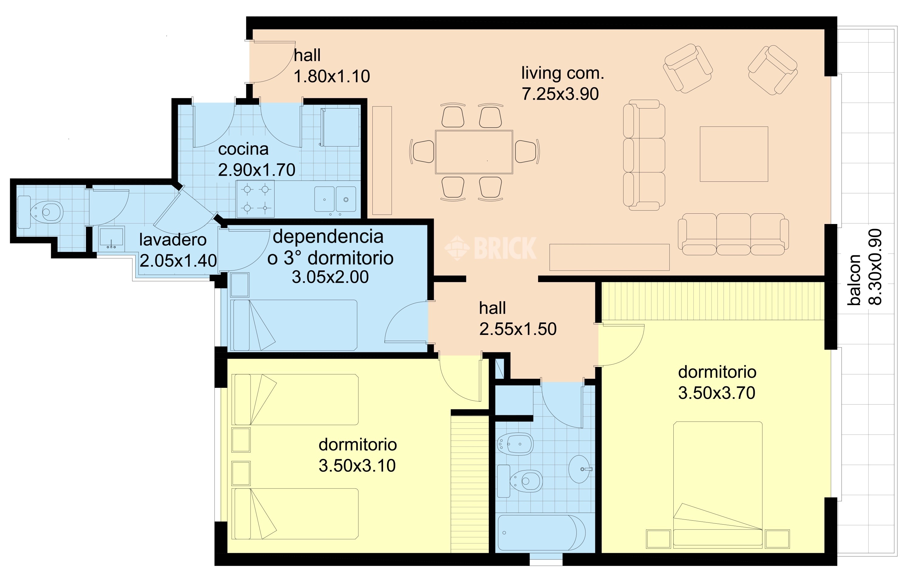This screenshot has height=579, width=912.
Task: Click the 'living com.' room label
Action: click(x=562, y=74)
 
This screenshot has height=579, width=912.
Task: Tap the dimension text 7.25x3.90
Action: click(x=561, y=94)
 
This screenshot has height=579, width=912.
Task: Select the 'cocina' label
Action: click(x=243, y=149)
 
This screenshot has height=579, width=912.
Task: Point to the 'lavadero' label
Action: click(x=173, y=240)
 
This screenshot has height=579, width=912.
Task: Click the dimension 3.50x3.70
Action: click(x=717, y=393)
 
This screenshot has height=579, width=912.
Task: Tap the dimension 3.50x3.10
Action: click(x=357, y=466)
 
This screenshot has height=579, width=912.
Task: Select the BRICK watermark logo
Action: click(x=490, y=248)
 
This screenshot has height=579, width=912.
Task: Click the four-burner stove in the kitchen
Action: click(x=255, y=199)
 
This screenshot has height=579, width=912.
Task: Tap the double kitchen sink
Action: click(x=335, y=199)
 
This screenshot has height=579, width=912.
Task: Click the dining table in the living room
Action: click(x=474, y=152)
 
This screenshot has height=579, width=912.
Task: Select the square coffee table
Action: click(x=734, y=154)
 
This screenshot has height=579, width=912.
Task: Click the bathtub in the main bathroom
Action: click(x=542, y=532)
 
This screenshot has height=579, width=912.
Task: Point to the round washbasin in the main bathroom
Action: click(x=580, y=469)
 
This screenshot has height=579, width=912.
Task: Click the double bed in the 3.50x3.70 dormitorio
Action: click(x=718, y=485)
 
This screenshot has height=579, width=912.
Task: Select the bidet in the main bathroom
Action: click(x=515, y=444)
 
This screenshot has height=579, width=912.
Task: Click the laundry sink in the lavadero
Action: click(x=111, y=239)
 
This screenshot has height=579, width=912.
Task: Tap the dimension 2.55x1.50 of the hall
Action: click(x=518, y=329)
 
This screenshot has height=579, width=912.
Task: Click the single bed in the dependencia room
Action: click(x=294, y=325)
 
